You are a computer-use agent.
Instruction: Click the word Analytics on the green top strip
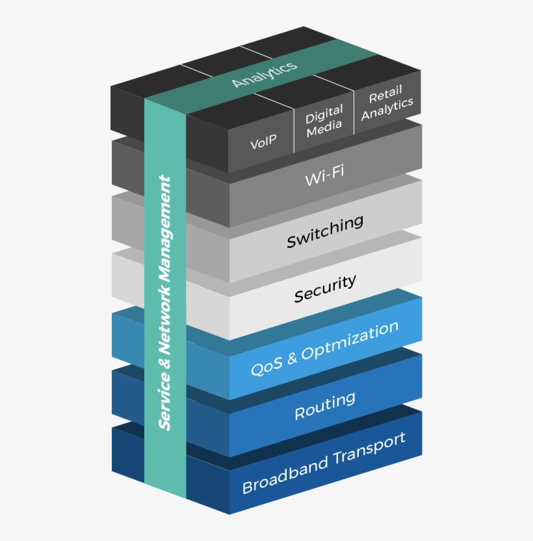pyautogui.click(x=264, y=73)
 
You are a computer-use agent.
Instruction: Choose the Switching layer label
pyautogui.click(x=325, y=231)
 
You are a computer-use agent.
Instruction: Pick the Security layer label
pyautogui.click(x=325, y=289)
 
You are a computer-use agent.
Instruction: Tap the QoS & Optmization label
pyautogui.click(x=324, y=349)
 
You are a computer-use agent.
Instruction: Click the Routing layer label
pyautogui.click(x=325, y=405)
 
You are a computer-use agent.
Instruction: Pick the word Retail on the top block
pyautogui.click(x=385, y=96)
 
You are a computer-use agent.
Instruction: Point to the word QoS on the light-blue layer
pyautogui.click(x=267, y=366)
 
